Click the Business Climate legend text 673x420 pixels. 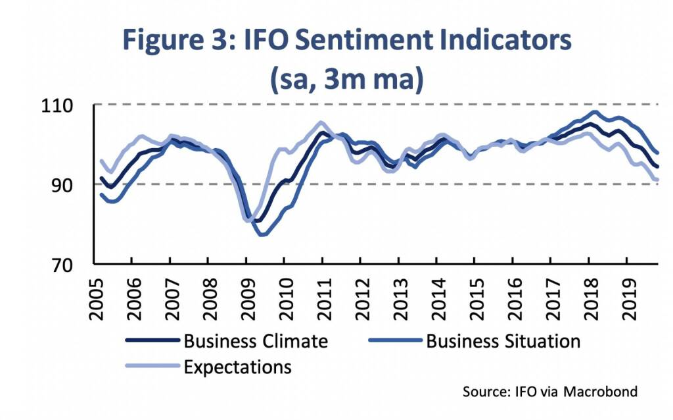(x=256, y=342)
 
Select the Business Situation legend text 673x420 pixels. (x=503, y=342)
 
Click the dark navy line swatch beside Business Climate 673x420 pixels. (x=152, y=342)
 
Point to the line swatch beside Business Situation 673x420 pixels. (x=395, y=342)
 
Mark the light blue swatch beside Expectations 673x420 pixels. (x=152, y=366)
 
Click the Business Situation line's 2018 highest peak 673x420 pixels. (x=595, y=112)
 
